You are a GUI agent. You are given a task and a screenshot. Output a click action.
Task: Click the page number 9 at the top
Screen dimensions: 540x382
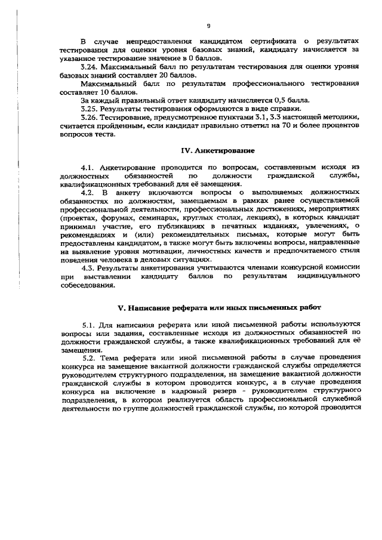coord(208,26)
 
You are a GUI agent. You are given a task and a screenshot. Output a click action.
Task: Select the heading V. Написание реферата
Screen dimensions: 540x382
coord(219,307)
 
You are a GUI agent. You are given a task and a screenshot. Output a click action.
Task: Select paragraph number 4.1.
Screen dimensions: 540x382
coord(89,168)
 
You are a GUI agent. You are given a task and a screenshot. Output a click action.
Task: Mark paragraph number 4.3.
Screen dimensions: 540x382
coord(89,269)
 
